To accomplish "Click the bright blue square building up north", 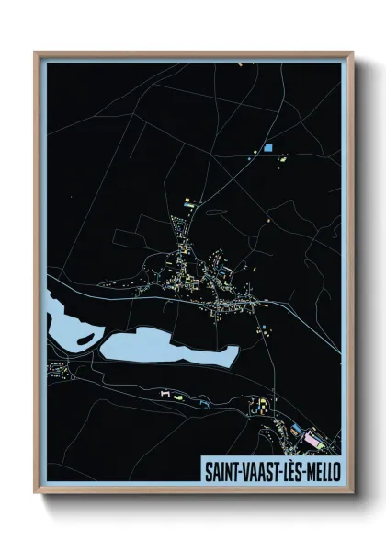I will pos(269,147).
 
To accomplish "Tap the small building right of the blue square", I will pos(280,158).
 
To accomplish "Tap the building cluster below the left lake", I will pos(61,373).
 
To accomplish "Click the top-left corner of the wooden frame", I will pos(36,52).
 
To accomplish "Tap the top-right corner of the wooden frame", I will pos(353,52).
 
